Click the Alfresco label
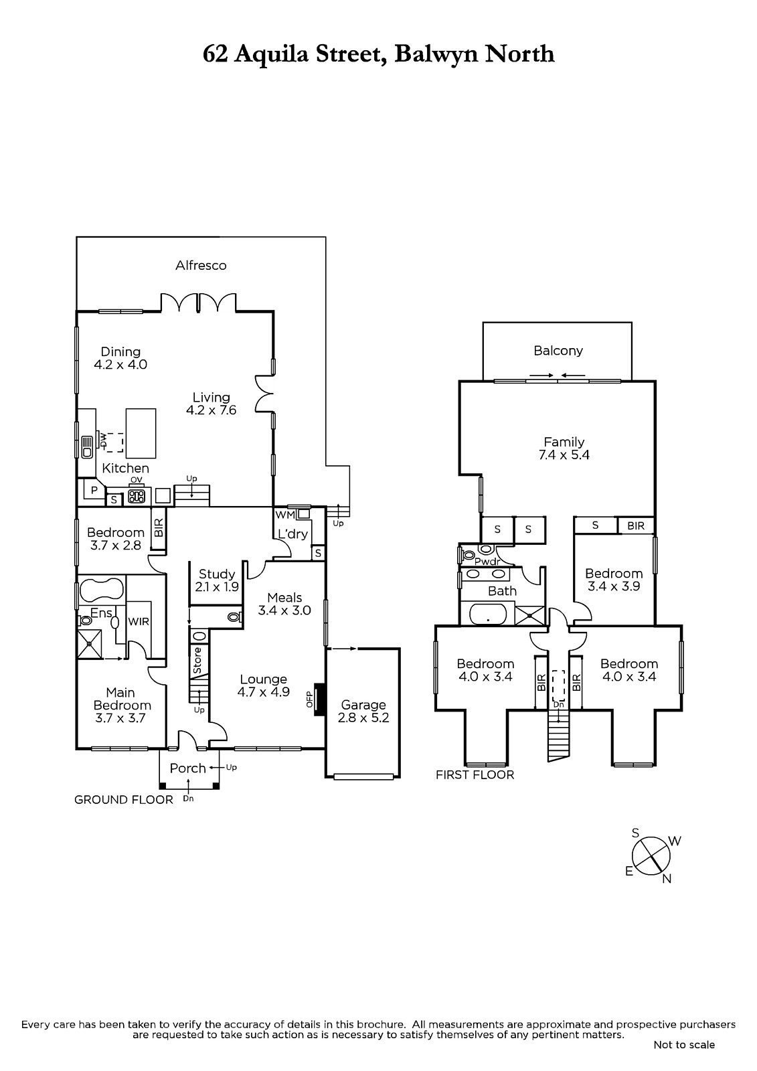pyautogui.click(x=201, y=265)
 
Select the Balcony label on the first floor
pyautogui.click(x=558, y=351)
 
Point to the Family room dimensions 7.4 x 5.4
pyautogui.click(x=564, y=455)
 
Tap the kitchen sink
pyautogui.click(x=87, y=447)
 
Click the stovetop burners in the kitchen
pyautogui.click(x=137, y=497)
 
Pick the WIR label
pyautogui.click(x=139, y=622)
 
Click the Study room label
pyautogui.click(x=217, y=574)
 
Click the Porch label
pyautogui.click(x=188, y=768)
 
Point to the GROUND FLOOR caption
pyautogui.click(x=123, y=800)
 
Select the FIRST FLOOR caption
pyautogui.click(x=475, y=775)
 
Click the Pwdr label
pyautogui.click(x=487, y=562)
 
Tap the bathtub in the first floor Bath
pyautogui.click(x=488, y=614)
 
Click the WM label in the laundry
pyautogui.click(x=284, y=515)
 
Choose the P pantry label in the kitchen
pyautogui.click(x=94, y=490)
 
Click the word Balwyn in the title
pyautogui.click(x=436, y=54)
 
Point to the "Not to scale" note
pyautogui.click(x=684, y=1058)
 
